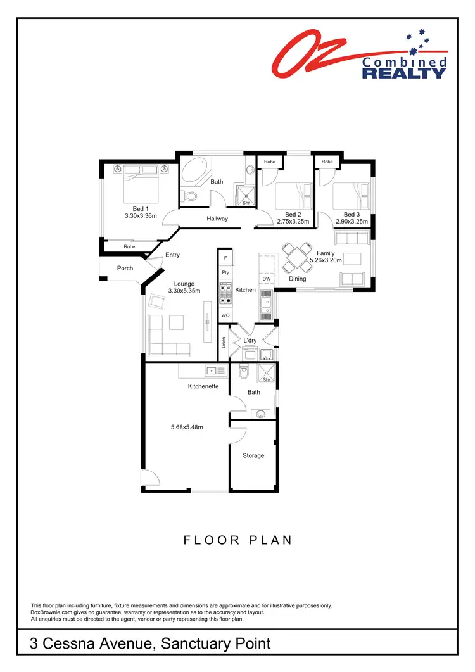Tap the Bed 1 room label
coord(140,208)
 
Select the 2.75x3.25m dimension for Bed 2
coord(293,222)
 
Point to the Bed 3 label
coord(351,214)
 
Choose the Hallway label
coord(217,219)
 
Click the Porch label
coord(125,268)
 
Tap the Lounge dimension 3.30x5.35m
coord(184,291)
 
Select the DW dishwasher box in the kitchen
coord(267,279)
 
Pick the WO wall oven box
coord(225,315)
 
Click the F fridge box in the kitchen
coord(225,258)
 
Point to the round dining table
coord(295,257)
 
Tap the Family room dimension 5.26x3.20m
coord(325,260)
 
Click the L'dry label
coord(250,341)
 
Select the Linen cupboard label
coord(224,342)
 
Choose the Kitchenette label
coord(203,386)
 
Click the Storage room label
coord(253,455)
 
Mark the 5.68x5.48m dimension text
coord(187,427)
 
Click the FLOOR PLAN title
coord(237,540)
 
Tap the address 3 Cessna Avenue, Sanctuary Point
coord(151,644)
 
